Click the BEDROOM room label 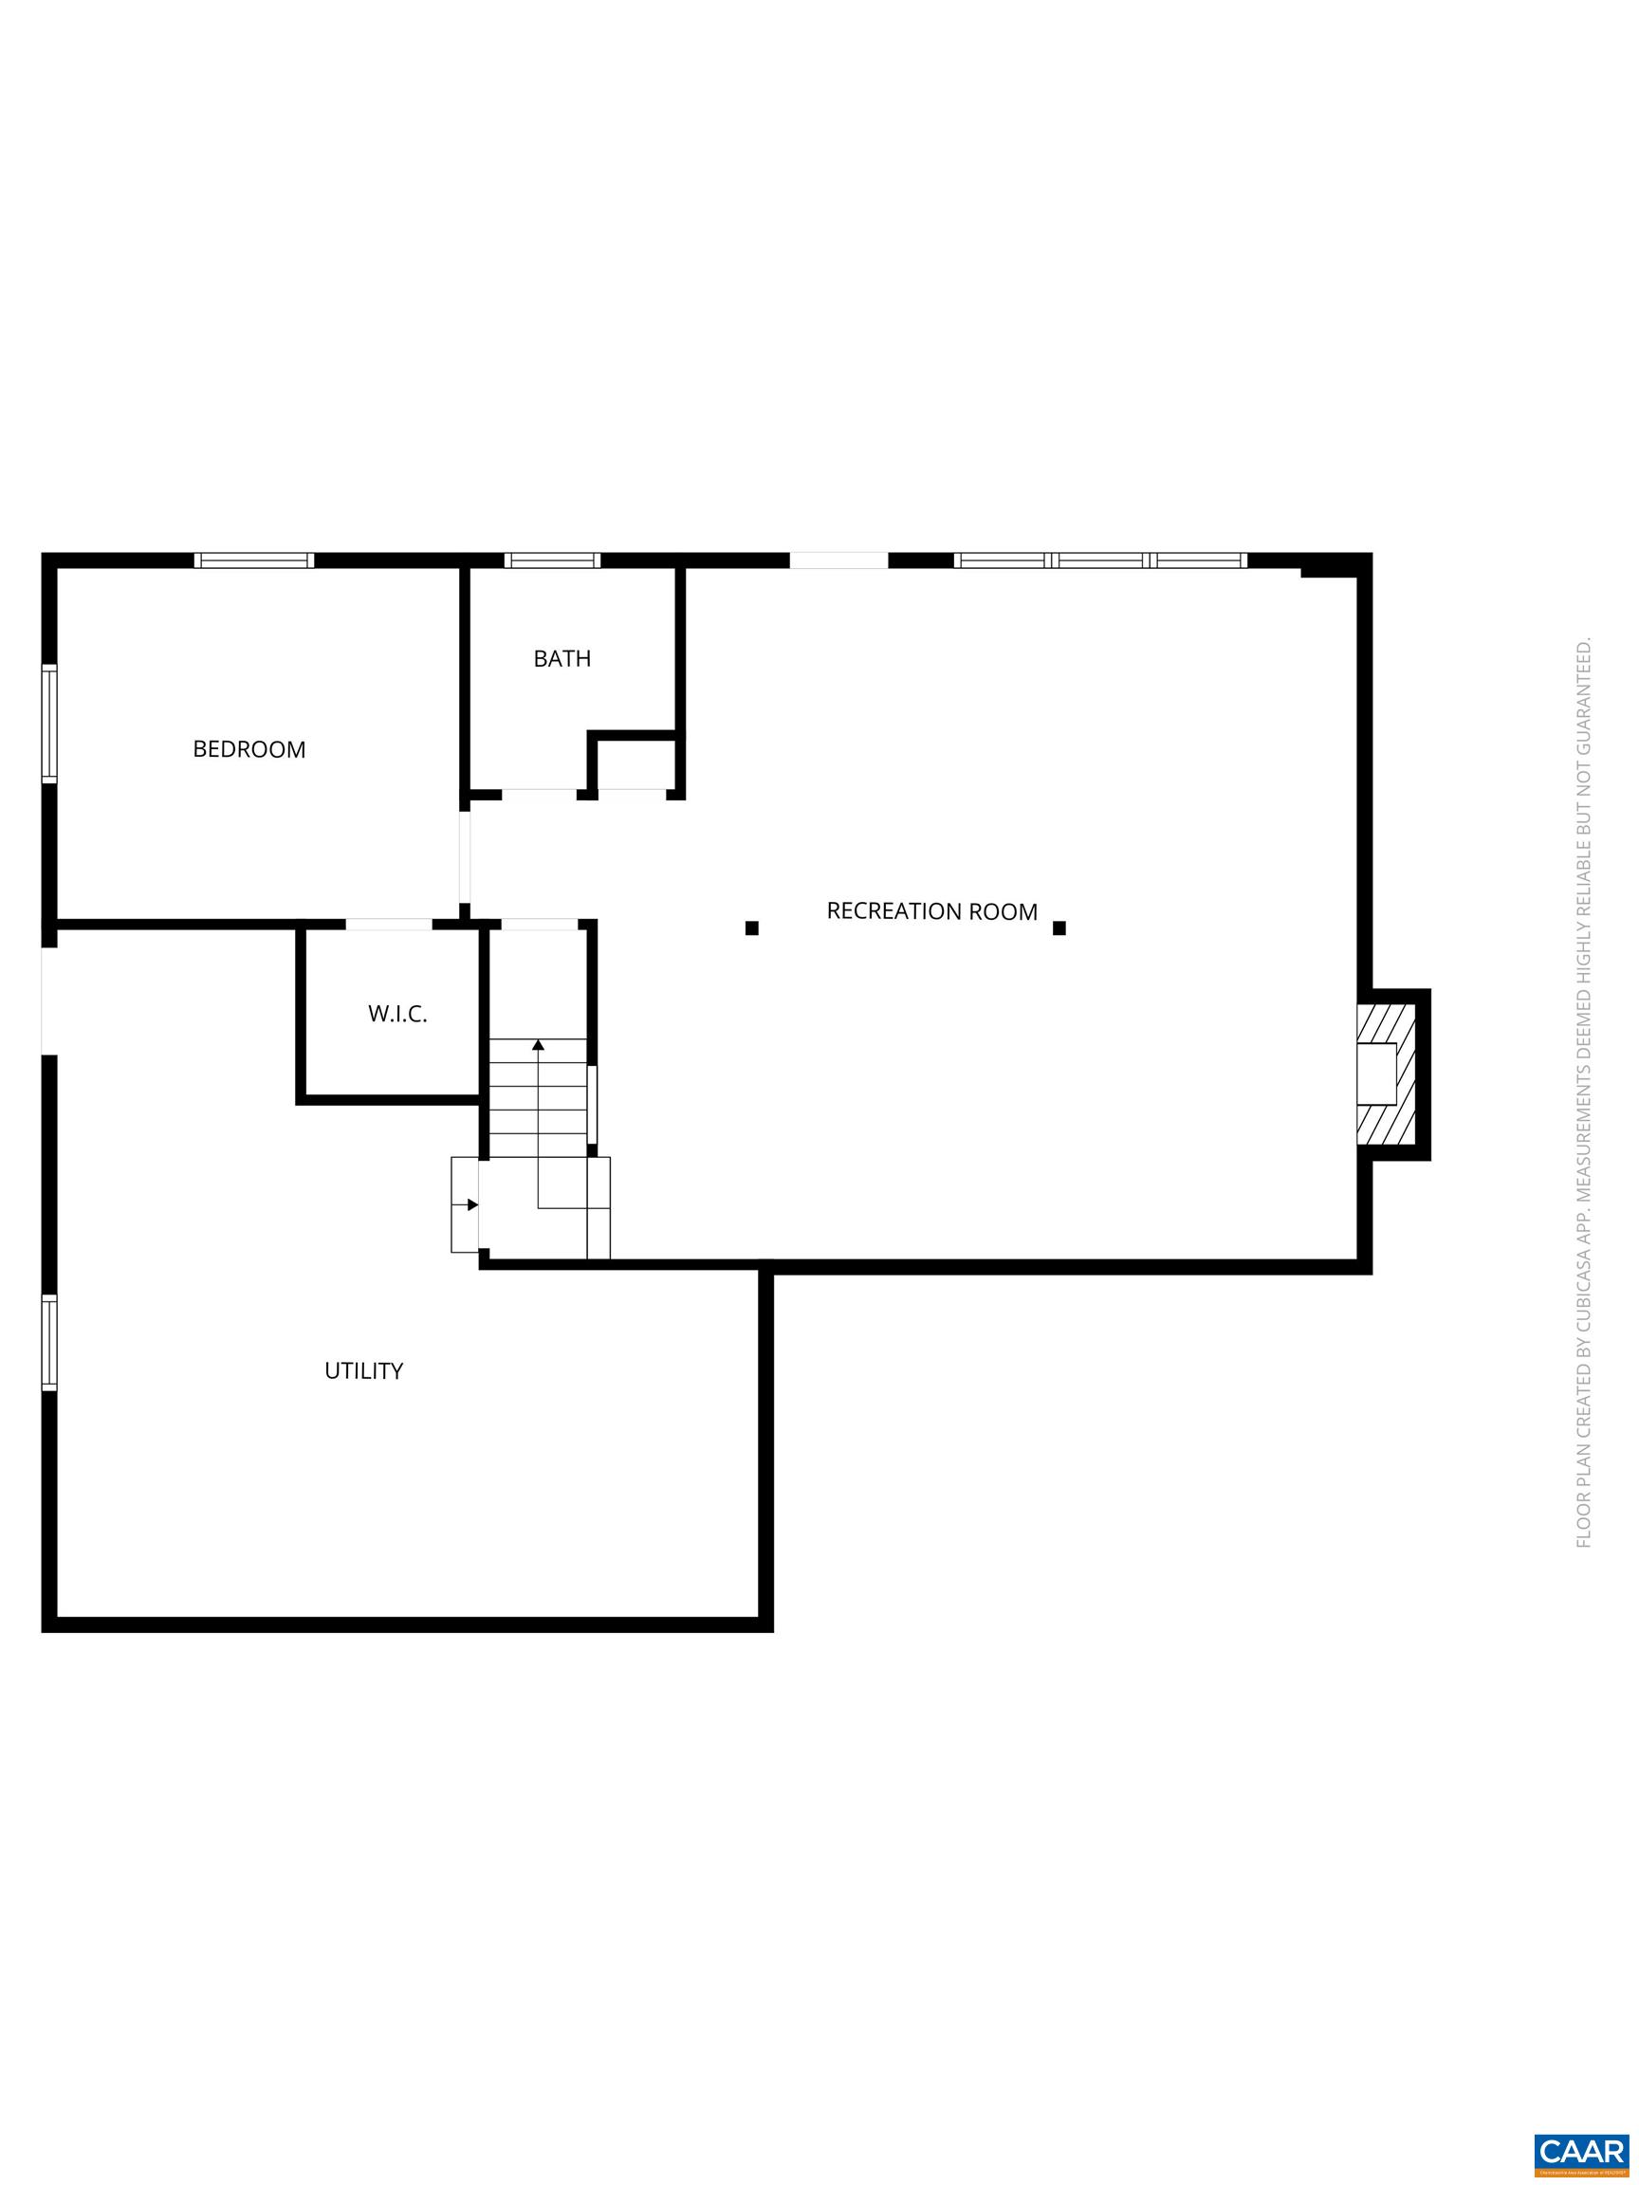[x=249, y=750]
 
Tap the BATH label [x=562, y=659]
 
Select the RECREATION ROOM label [x=931, y=911]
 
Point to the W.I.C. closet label [x=397, y=1015]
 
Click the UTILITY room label [x=363, y=1371]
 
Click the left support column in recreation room [x=752, y=927]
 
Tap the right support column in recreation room [x=1059, y=927]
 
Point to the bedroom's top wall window [x=254, y=560]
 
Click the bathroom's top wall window [x=552, y=560]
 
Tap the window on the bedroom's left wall [x=48, y=724]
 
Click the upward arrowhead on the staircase [x=539, y=1044]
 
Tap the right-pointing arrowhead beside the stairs [x=473, y=1204]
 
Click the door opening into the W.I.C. [x=388, y=925]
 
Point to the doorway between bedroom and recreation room [x=465, y=857]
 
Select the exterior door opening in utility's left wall [x=48, y=1001]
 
